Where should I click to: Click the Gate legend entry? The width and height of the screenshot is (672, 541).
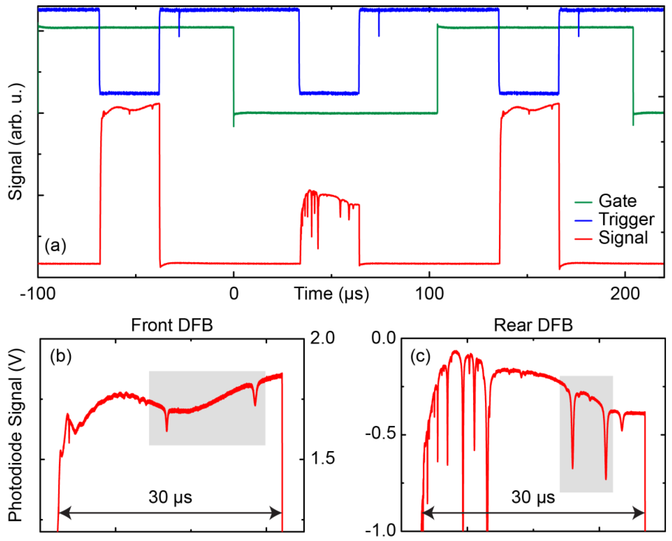(617, 201)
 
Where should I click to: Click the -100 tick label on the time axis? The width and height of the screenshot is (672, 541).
(38, 294)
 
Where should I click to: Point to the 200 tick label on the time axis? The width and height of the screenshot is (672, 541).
(625, 294)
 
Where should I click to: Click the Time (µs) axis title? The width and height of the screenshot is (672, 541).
(332, 294)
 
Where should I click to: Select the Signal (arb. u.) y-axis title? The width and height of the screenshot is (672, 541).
(16, 142)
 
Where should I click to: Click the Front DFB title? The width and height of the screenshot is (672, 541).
(172, 325)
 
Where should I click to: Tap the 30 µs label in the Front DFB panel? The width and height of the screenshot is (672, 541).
(170, 497)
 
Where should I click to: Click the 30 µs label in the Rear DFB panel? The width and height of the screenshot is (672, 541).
(533, 497)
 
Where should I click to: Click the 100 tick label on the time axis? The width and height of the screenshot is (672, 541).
(429, 294)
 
